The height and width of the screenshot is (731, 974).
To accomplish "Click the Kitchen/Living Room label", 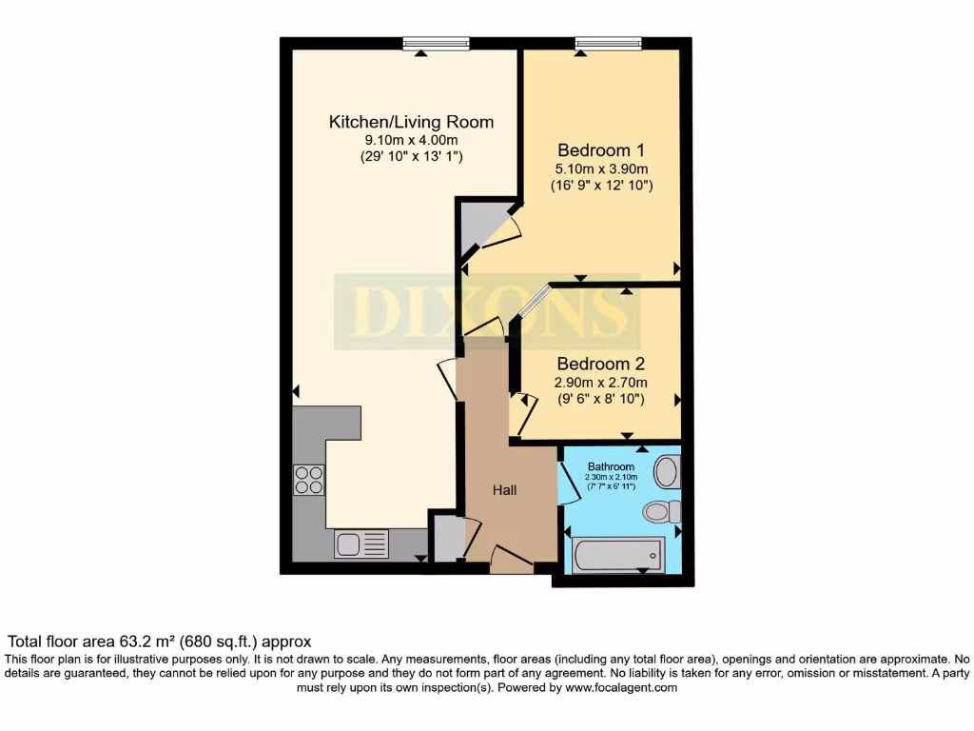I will point(411,122).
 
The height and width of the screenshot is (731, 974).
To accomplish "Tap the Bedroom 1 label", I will point(601,149).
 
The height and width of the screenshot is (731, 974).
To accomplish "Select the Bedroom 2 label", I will point(601,364).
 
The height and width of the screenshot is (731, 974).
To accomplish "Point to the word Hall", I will point(504,490).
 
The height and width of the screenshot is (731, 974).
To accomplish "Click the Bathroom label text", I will point(611,466).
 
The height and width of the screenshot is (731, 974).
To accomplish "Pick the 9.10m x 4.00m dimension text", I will point(411,140).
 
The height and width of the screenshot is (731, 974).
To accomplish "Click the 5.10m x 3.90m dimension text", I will point(601,168).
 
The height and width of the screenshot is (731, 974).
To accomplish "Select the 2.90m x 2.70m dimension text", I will point(601,383).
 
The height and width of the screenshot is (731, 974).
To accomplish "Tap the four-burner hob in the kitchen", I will point(308,480).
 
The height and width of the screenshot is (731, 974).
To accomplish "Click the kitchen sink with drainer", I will point(361,544).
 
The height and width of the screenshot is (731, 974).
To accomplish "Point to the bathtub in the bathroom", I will point(617,553).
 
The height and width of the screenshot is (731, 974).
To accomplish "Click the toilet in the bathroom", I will point(662,512).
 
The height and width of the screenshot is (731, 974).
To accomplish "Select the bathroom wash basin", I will point(667,470).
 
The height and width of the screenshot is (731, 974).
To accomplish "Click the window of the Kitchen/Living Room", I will point(436,43).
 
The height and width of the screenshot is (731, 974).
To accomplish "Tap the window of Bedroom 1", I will point(608,43).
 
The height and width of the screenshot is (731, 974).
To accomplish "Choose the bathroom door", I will point(570,481).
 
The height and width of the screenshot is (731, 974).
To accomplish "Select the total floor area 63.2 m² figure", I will point(160,642).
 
